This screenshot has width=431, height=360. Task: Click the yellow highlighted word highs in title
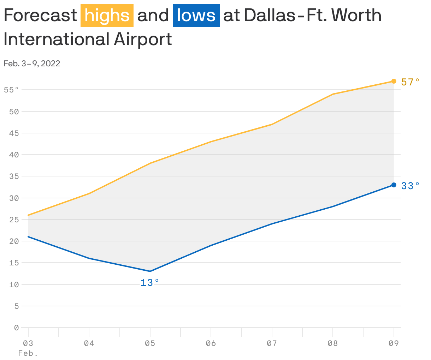107,16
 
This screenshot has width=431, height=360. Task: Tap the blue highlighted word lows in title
196,16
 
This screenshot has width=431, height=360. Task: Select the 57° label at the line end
410,82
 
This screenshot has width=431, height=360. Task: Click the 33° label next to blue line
410,186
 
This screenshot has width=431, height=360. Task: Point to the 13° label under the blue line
150,283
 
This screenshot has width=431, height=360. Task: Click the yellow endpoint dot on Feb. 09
394,81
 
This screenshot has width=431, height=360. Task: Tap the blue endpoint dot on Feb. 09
394,185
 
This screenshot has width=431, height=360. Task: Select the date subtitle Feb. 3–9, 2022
32,64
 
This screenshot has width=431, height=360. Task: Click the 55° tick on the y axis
11,90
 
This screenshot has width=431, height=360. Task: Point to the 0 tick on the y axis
16,328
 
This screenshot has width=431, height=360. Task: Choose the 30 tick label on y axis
14,198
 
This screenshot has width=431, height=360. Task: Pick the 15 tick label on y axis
14,263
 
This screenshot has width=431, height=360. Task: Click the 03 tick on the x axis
28,343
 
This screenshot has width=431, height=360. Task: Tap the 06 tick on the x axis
211,343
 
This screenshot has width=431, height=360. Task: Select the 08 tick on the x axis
333,343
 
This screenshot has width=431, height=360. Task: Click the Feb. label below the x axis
28,353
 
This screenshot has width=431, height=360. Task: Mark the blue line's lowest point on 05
150,271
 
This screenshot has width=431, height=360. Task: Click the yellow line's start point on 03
28,215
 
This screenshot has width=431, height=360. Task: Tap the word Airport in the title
143,39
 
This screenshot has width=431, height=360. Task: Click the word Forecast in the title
40,16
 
